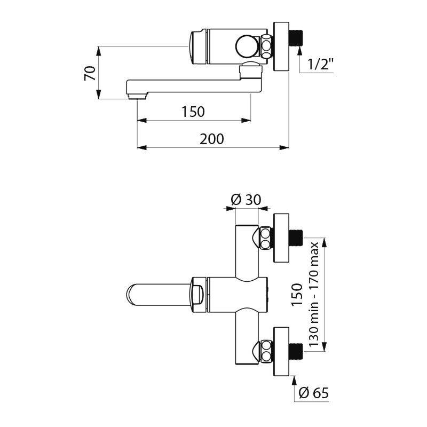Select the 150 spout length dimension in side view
(193, 112)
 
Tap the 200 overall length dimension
(212, 139)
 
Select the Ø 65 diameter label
(314, 393)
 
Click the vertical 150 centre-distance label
(297, 294)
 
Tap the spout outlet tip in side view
(137, 96)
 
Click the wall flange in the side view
(281, 47)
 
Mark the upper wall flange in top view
(281, 238)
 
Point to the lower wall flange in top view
(281, 352)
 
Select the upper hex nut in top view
(265, 238)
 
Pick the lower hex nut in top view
(265, 352)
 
